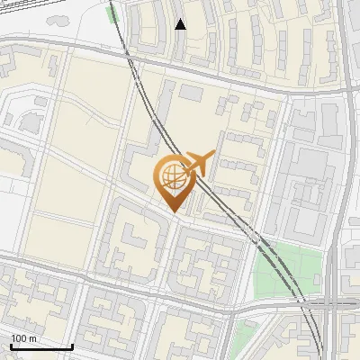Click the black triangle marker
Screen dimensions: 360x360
[181, 24]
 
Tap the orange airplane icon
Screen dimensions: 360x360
[199, 165]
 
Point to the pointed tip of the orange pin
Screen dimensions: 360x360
[172, 211]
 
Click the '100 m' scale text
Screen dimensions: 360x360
[24, 338]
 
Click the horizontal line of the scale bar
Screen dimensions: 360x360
[41, 346]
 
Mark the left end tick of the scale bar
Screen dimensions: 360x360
[11, 346]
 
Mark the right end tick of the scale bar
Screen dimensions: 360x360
[72, 346]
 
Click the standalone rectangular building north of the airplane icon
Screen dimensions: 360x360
[192, 93]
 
